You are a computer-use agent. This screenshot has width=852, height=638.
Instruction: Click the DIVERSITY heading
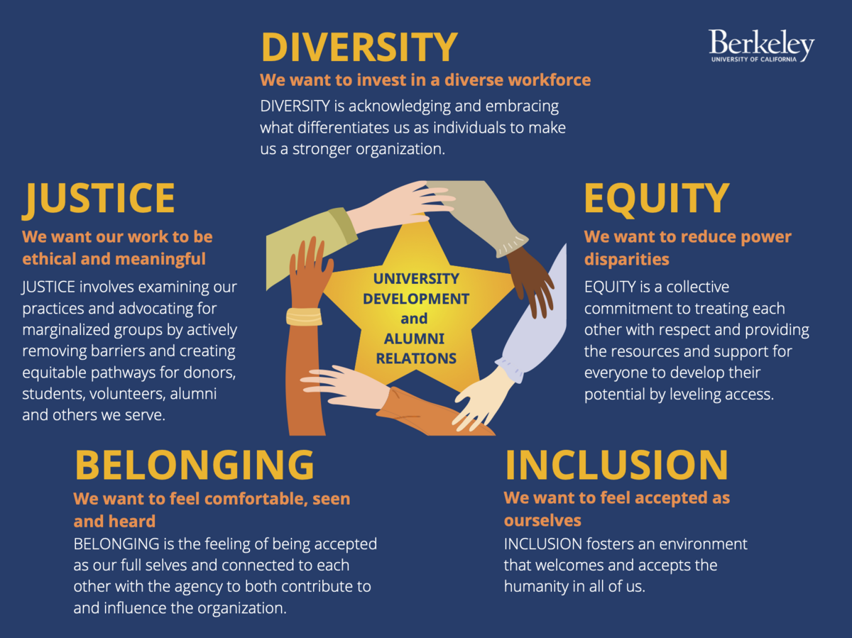pyautogui.click(x=359, y=47)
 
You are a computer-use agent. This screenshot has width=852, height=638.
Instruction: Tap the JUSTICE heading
pyautogui.click(x=98, y=199)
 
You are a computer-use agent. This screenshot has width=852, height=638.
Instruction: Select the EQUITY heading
pyautogui.click(x=657, y=199)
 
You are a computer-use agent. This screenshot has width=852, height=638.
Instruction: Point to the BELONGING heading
pyautogui.click(x=194, y=465)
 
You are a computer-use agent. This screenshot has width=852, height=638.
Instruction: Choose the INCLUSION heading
pyautogui.click(x=616, y=465)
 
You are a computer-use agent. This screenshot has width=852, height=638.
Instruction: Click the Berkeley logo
pyautogui.click(x=762, y=45)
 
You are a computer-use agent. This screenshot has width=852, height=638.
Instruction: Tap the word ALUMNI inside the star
pyautogui.click(x=414, y=339)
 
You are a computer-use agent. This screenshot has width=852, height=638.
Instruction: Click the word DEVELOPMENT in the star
pyautogui.click(x=416, y=299)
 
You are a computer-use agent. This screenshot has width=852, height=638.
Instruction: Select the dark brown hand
pyautogui.click(x=530, y=281)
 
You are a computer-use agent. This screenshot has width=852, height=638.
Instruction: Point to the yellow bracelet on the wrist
pyautogui.click(x=304, y=317)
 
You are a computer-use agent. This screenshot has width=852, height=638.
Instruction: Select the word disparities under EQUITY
pyautogui.click(x=626, y=259)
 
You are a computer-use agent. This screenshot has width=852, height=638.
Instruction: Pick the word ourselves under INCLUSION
pyautogui.click(x=542, y=520)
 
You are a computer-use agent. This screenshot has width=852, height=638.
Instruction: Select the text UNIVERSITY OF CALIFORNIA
pyautogui.click(x=754, y=60)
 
